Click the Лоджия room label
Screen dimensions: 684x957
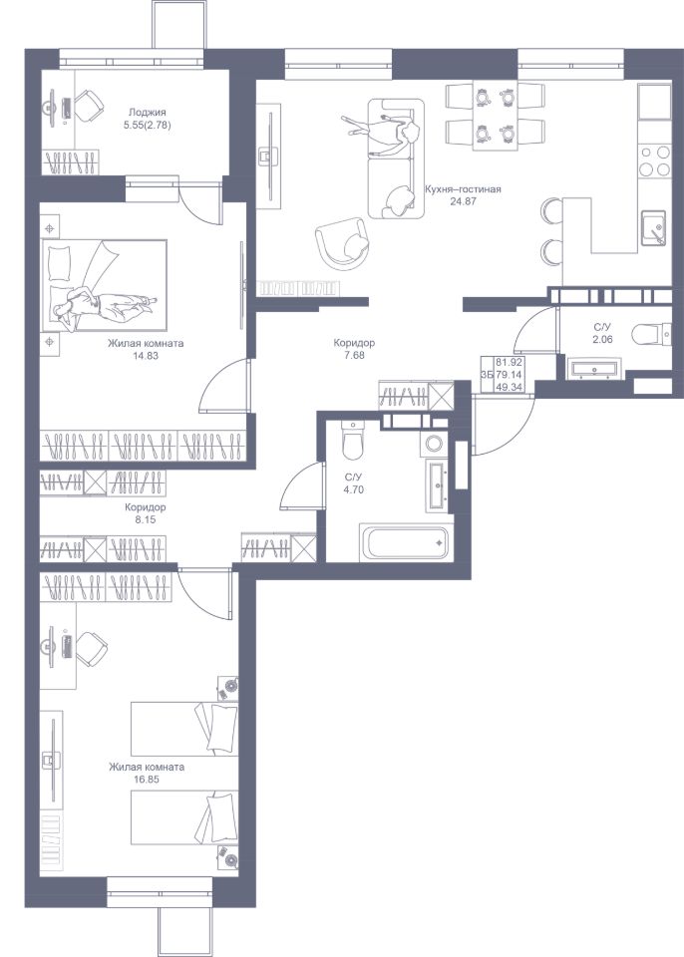[148, 113]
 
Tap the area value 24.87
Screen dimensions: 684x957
[463, 200]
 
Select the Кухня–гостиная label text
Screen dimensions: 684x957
[463, 189]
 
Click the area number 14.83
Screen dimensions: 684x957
[146, 355]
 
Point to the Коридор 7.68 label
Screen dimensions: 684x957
[354, 349]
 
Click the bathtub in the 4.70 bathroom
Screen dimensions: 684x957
[404, 541]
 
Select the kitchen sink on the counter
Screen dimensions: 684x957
[653, 227]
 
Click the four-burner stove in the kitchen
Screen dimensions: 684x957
[653, 161]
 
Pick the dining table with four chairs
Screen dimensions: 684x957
[496, 116]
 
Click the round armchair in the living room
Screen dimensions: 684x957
[343, 243]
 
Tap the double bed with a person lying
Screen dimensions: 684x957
[105, 286]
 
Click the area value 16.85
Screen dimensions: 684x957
[146, 779]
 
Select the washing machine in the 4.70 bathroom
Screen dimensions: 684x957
[434, 444]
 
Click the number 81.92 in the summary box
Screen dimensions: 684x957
[509, 362]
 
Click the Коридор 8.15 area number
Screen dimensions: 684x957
[146, 520]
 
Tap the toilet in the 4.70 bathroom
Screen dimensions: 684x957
[352, 440]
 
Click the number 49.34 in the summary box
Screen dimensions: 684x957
[509, 387]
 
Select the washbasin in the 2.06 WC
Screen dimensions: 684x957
[593, 369]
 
